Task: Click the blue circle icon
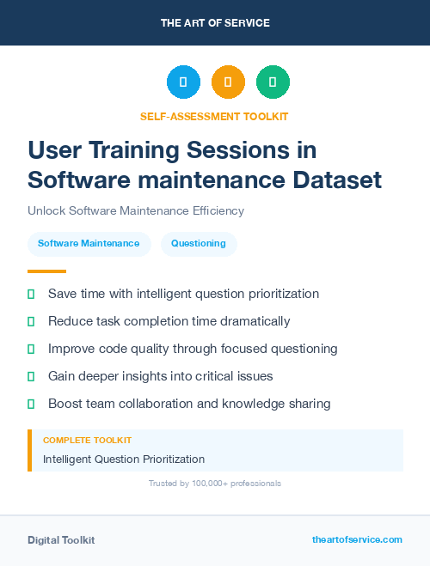coord(183,82)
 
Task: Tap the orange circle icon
coord(228,82)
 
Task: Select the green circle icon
coord(273,82)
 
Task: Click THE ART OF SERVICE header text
coord(215,23)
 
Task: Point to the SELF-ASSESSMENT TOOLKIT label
coord(214,116)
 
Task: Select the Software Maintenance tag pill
coord(89,244)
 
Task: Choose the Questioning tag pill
coord(199,244)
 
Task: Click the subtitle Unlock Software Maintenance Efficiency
coord(136,210)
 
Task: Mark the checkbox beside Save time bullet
coord(31,295)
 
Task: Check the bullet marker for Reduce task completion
coord(31,321)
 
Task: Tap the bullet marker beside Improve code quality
coord(31,349)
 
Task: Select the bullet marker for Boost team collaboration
coord(31,404)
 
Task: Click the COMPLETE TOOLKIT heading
coord(87,441)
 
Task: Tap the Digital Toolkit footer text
coord(61,540)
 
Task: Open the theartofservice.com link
coord(357,539)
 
